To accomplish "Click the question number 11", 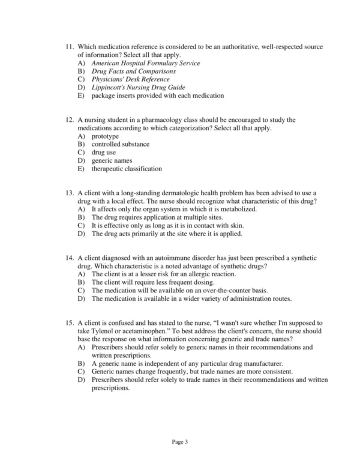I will [70, 47].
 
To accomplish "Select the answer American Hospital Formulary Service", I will [146, 63].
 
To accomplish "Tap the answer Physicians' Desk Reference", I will [130, 79].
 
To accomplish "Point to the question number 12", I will [70, 120].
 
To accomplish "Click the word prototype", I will [106, 136].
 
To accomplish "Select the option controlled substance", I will [121, 144].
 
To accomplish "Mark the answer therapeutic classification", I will [127, 169].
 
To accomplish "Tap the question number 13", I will [70, 193].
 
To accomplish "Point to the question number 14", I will [70, 258].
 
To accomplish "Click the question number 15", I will [70, 323].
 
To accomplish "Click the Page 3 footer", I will [180, 442].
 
